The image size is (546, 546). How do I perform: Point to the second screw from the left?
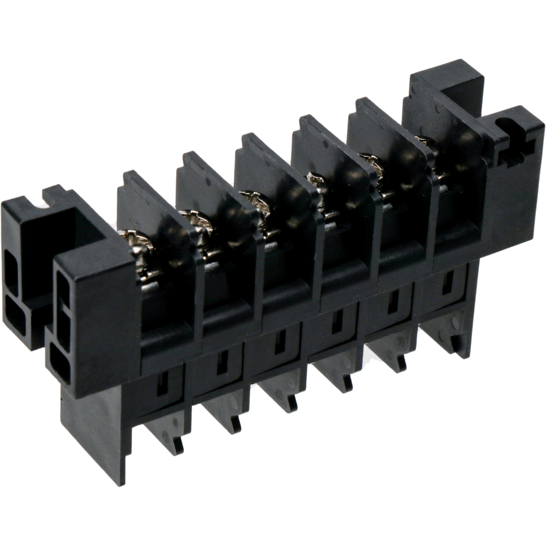point(195,223)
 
